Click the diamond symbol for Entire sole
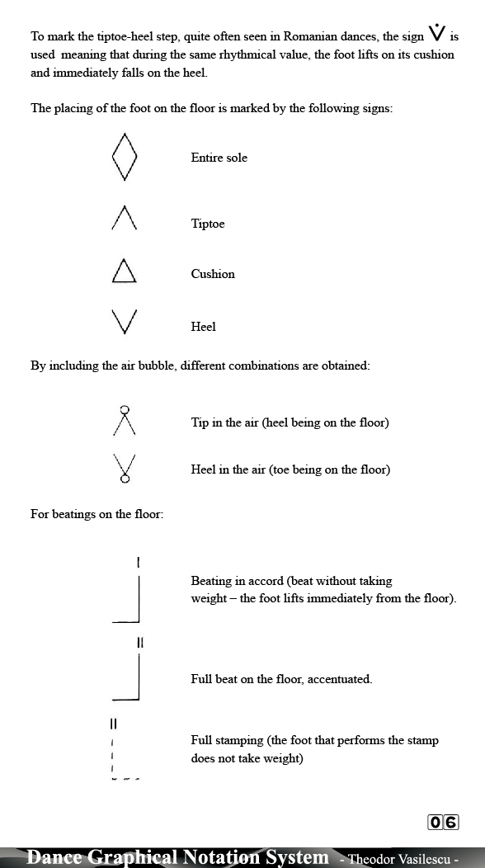pos(124,157)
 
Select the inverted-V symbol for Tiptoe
pos(124,219)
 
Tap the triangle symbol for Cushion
pos(124,271)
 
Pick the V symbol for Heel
pos(124,322)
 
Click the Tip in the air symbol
pos(125,421)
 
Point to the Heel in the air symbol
pos(125,468)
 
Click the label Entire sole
pos(219,158)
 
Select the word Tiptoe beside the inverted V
pos(208,224)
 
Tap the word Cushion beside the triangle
pos(213,274)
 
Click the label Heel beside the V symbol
pos(203,327)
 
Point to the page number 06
pos(443,822)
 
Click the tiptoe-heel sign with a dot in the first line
pos(437,34)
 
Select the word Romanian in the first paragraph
pos(310,37)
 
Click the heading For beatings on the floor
pos(97,514)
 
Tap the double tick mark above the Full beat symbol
pos(139,642)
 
